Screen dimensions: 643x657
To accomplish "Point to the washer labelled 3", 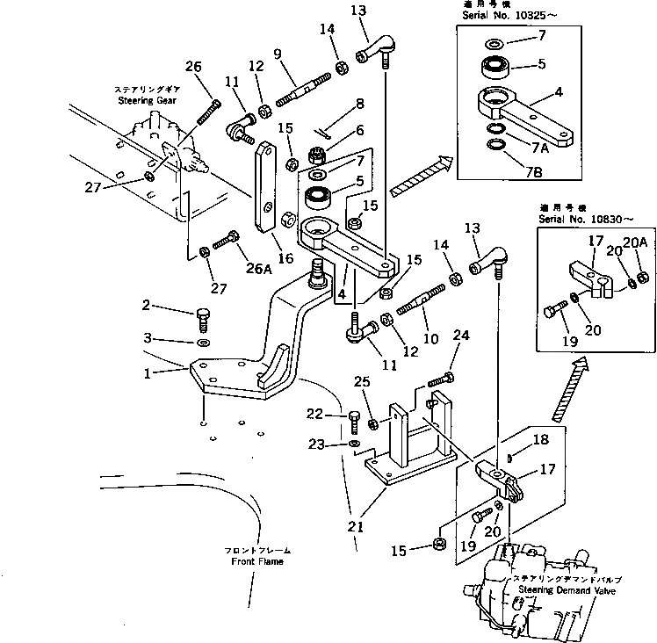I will pos(202,342).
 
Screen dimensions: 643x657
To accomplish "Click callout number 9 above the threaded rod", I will pos(277,55).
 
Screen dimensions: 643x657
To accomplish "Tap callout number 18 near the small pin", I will pos(541,438).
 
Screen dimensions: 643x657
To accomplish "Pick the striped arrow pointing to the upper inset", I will pos(419,177).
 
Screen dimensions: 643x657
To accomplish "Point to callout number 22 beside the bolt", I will pos(339,414).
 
